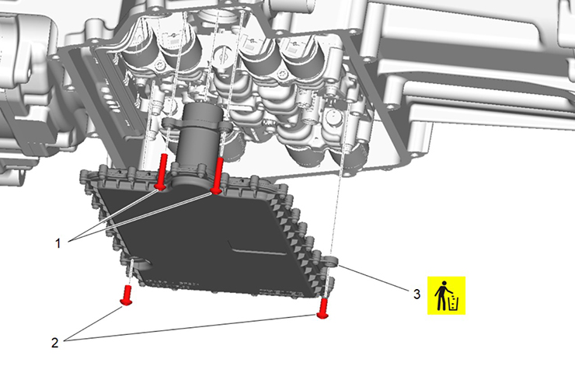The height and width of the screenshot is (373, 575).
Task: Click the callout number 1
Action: (57, 243)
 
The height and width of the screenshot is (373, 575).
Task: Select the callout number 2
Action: (54, 343)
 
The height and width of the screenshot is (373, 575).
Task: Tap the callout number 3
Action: (416, 294)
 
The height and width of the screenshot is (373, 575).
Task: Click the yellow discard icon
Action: (446, 295)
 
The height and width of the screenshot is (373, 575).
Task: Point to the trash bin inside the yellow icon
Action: (454, 303)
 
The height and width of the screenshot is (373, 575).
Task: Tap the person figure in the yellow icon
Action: (441, 295)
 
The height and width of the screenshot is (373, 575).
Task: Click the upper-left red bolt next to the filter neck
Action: (162, 172)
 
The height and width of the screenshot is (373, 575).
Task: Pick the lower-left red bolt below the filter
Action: (127, 295)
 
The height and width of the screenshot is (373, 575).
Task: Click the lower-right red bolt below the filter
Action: (323, 308)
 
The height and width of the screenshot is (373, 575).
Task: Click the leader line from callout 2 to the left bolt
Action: (95, 323)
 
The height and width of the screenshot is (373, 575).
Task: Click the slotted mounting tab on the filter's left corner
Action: (138, 263)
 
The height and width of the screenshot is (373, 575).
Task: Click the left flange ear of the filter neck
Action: (170, 122)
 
